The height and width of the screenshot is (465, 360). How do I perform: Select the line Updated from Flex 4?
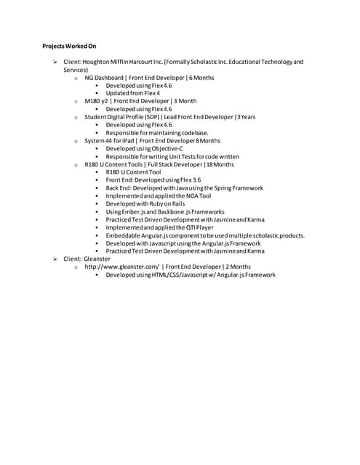coord(132,93)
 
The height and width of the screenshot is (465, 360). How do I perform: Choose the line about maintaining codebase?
coord(156,132)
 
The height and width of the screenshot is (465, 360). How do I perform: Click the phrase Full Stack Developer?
coord(164,164)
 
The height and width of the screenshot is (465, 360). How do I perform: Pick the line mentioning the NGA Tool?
coord(158,195)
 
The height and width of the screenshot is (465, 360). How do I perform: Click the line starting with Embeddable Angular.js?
coord(204,235)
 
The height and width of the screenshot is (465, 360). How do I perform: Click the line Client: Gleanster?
coord(87,259)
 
